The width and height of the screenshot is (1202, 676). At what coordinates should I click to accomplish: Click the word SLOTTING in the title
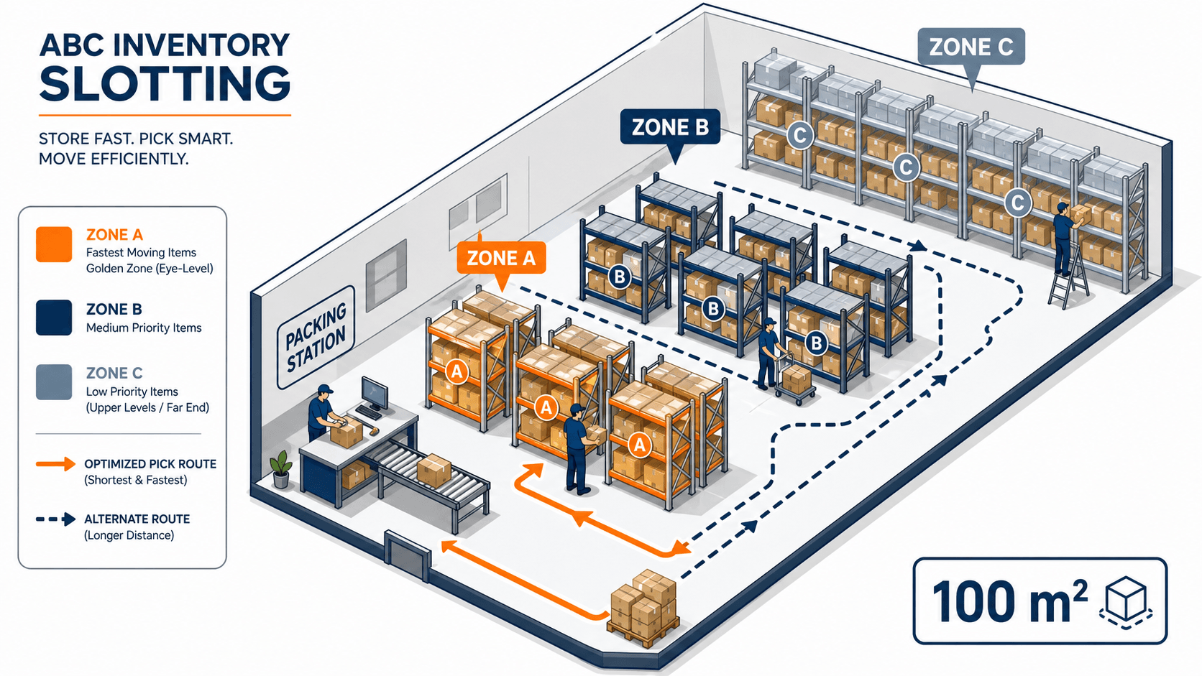point(165,83)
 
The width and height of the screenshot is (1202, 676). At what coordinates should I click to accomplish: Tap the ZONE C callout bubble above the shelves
point(971,47)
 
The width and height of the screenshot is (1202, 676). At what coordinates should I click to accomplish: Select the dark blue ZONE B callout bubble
point(670,128)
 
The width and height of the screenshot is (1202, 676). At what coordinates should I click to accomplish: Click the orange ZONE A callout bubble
point(501,258)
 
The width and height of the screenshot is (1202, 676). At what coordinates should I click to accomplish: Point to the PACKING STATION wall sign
point(316,338)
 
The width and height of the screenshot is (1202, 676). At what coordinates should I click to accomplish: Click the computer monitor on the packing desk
point(375,394)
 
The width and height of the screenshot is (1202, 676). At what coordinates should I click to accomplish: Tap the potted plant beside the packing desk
point(280,469)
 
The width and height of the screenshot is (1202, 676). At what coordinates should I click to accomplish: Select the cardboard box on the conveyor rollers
point(433,470)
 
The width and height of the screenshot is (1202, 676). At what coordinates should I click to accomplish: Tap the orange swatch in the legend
point(54,244)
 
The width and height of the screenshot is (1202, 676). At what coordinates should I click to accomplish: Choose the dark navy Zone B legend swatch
point(54,318)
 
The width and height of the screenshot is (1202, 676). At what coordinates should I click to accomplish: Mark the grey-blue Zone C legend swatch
point(54,382)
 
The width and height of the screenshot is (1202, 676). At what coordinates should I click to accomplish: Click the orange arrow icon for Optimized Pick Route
point(56,464)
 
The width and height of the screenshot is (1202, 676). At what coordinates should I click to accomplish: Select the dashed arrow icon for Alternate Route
point(56,519)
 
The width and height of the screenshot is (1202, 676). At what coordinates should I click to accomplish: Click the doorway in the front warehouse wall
point(408,555)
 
